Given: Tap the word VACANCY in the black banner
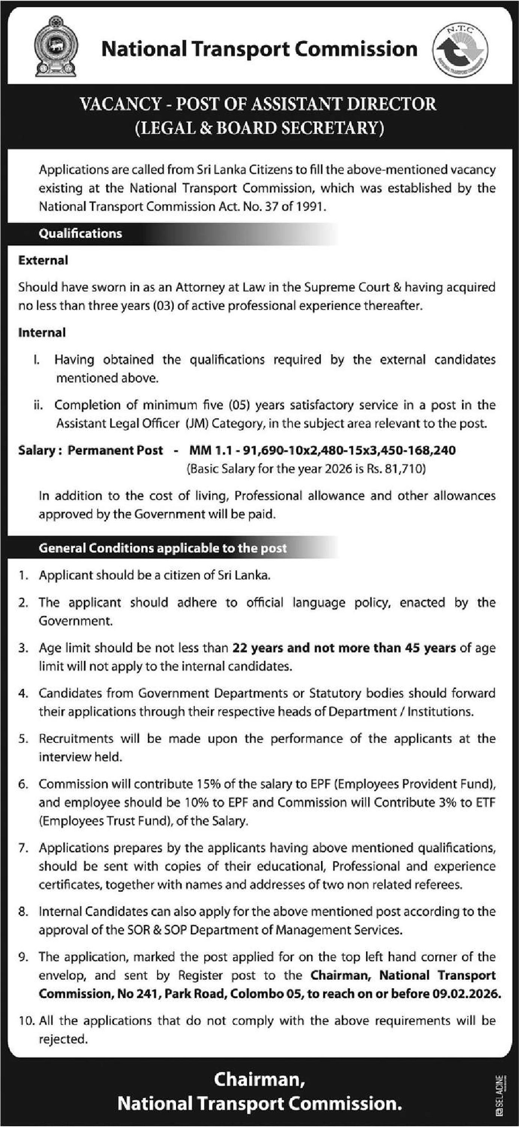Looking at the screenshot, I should pos(120,104).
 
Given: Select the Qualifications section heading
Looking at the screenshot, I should pos(80,233).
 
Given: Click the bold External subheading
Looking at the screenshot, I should pos(43,260).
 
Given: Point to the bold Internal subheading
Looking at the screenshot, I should pos(42,332).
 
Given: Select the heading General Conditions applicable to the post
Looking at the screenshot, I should pos(163,548).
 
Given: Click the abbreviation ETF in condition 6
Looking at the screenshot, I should pos(485,802).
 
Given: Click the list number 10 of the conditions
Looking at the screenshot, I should pos(26,1021).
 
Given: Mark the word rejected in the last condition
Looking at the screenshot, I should pos(63,1039).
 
